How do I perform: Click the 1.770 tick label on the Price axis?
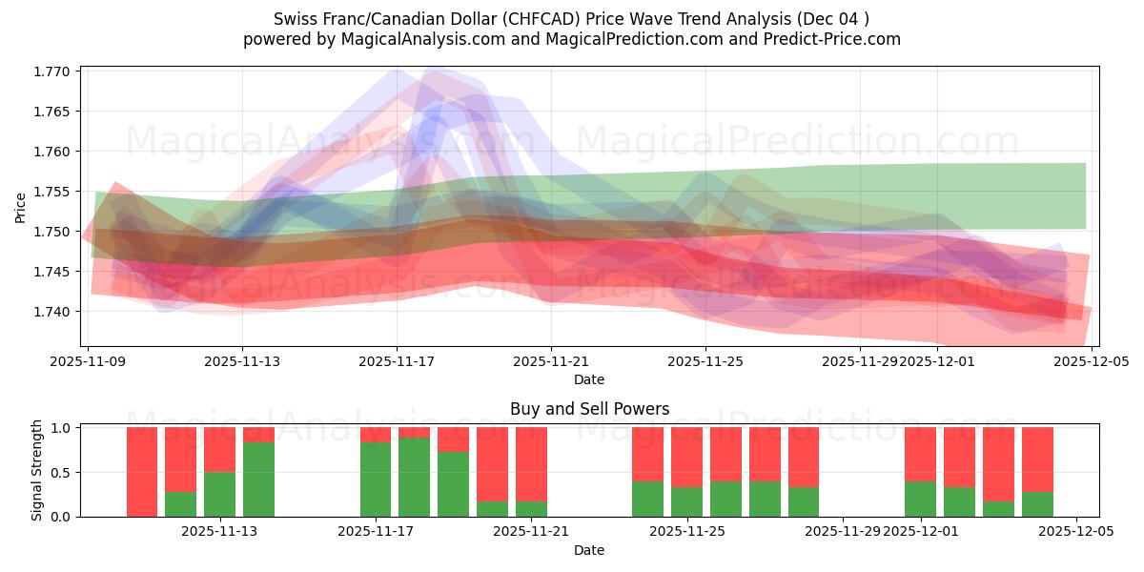[x=53, y=71]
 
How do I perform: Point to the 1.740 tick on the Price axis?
[x=53, y=312]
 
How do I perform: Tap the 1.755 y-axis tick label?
[x=53, y=192]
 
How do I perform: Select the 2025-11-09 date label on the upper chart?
[x=88, y=361]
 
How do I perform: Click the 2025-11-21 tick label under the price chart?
[x=551, y=361]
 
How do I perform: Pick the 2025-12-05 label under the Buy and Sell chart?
[x=1076, y=532]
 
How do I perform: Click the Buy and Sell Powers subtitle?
[x=589, y=409]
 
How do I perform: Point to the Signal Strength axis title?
[x=37, y=470]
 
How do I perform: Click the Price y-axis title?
[x=21, y=206]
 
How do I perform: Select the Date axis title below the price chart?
[x=589, y=379]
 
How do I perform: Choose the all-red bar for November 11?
[x=142, y=472]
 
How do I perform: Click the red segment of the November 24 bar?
[x=647, y=454]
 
